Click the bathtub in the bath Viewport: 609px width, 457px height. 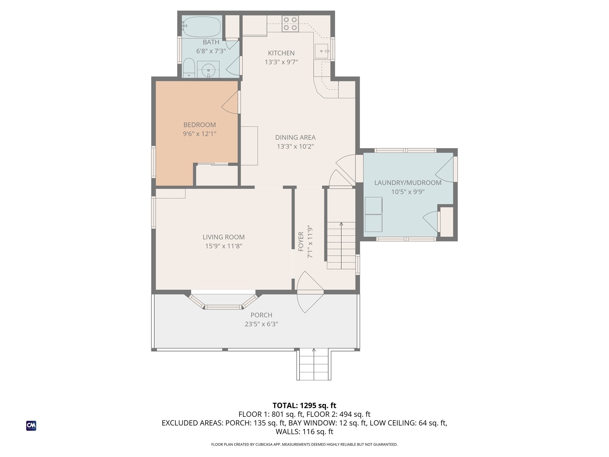pyautogui.click(x=202, y=27)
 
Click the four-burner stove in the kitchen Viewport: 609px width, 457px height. pyautogui.click(x=290, y=24)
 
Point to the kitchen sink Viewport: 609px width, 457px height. pyautogui.click(x=321, y=51)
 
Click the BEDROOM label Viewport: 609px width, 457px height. pyautogui.click(x=200, y=125)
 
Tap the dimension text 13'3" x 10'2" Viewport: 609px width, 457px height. pyautogui.click(x=295, y=146)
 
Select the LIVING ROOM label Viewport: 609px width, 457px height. pyautogui.click(x=224, y=237)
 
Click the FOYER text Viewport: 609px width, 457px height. pyautogui.click(x=301, y=242)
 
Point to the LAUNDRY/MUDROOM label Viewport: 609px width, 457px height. pyautogui.click(x=408, y=183)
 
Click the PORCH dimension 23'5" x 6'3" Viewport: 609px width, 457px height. pyautogui.click(x=261, y=324)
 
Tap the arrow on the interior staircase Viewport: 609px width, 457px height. pyautogui.click(x=341, y=224)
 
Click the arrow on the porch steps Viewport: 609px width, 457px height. pyautogui.click(x=314, y=350)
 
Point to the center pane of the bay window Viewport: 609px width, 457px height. pyautogui.click(x=223, y=307)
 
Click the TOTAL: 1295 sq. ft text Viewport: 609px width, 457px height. pyautogui.click(x=304, y=406)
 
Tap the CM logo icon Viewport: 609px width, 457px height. pyautogui.click(x=31, y=425)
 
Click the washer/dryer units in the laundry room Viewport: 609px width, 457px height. pyautogui.click(x=373, y=214)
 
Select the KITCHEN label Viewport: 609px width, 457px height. pyautogui.click(x=281, y=53)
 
